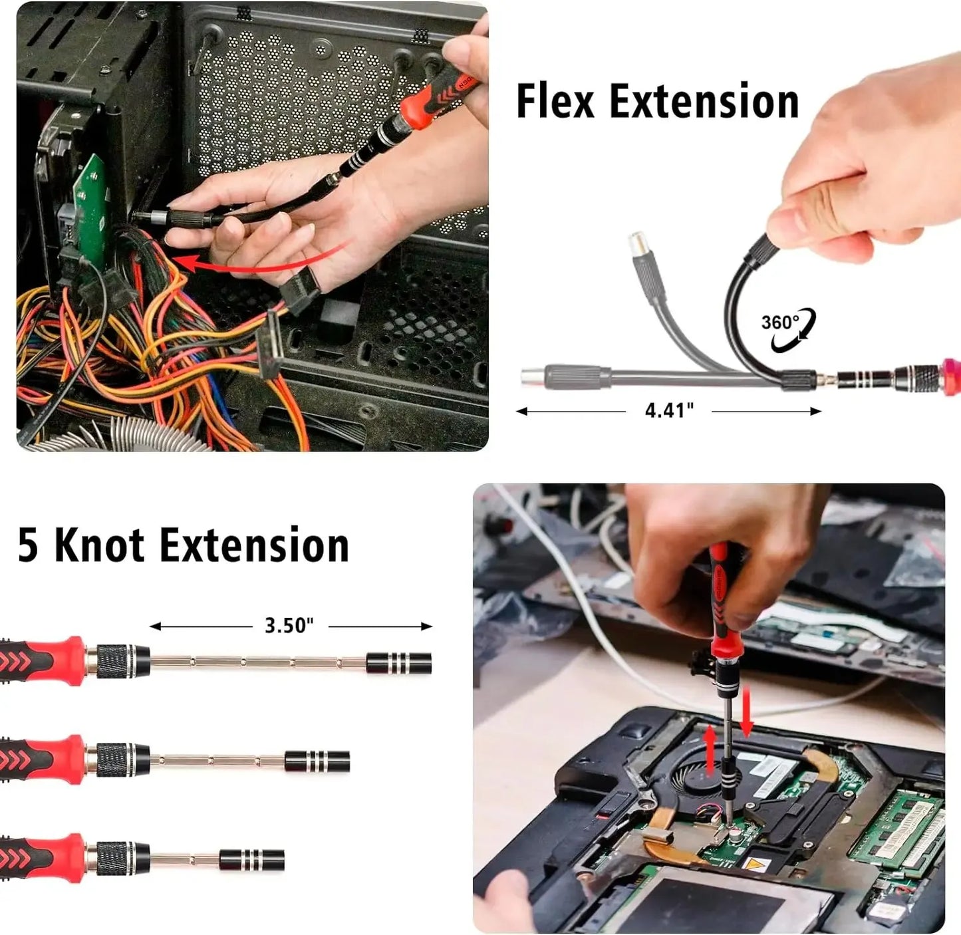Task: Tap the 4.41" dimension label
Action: tap(669, 410)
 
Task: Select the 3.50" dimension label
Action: tap(289, 625)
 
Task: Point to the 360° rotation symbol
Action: tap(787, 329)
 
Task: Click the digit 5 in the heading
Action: tap(28, 545)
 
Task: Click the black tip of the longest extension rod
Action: tap(398, 663)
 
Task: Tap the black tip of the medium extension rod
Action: tap(317, 761)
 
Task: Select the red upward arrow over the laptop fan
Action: tap(710, 751)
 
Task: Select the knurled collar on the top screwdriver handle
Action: tap(118, 662)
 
